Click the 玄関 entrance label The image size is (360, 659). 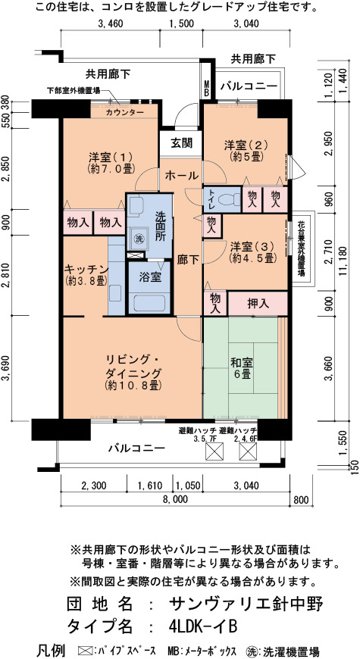[182, 143]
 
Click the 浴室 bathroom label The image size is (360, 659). [149, 278]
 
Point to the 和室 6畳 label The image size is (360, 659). [241, 367]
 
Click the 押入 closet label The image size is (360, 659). [258, 304]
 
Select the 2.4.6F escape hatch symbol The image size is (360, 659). [247, 451]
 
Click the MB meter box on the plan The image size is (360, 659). [207, 86]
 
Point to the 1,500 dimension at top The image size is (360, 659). [181, 24]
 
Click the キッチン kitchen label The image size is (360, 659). [86, 274]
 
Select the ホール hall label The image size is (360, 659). [181, 175]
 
